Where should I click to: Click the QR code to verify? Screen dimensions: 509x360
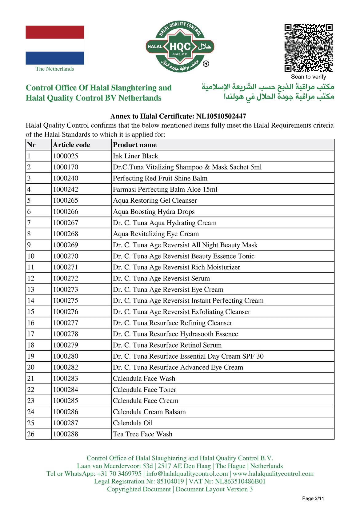click(x=308, y=48)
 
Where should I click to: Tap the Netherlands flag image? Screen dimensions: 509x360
click(x=55, y=45)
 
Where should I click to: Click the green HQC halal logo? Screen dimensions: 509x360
click(x=180, y=47)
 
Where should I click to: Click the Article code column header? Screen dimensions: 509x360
click(x=71, y=145)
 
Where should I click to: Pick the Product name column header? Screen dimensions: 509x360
click(x=135, y=145)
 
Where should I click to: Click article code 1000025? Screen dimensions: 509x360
click(x=66, y=156)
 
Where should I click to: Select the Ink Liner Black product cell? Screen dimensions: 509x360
click(x=135, y=156)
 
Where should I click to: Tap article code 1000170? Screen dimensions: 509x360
click(x=66, y=167)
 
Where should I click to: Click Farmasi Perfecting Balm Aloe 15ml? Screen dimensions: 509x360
click(x=165, y=189)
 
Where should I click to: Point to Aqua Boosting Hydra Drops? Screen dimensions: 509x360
click(x=154, y=212)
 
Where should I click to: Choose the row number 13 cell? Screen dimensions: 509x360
click(x=31, y=289)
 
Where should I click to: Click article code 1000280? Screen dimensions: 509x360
click(x=66, y=356)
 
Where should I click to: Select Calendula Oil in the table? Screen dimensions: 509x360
click(x=133, y=423)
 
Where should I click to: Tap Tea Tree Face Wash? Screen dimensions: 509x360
click(x=142, y=434)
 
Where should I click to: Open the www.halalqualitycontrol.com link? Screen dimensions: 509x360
click(x=273, y=474)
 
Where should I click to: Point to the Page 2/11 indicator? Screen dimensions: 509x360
click(x=313, y=498)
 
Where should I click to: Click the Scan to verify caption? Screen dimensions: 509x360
click(x=308, y=77)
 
